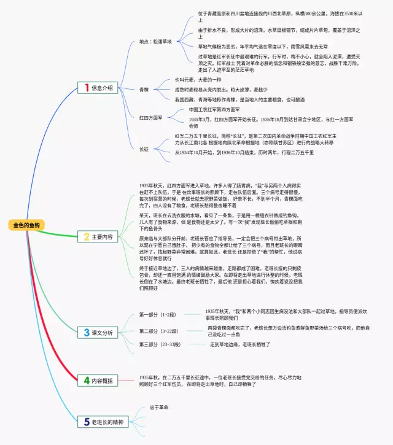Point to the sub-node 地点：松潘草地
click(x=155, y=42)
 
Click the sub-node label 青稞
click(x=144, y=90)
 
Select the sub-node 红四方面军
click(x=150, y=117)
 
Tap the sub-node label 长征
click(x=144, y=149)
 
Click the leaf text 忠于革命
click(x=158, y=407)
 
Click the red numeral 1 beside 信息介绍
click(x=87, y=88)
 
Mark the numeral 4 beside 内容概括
click(x=87, y=381)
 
